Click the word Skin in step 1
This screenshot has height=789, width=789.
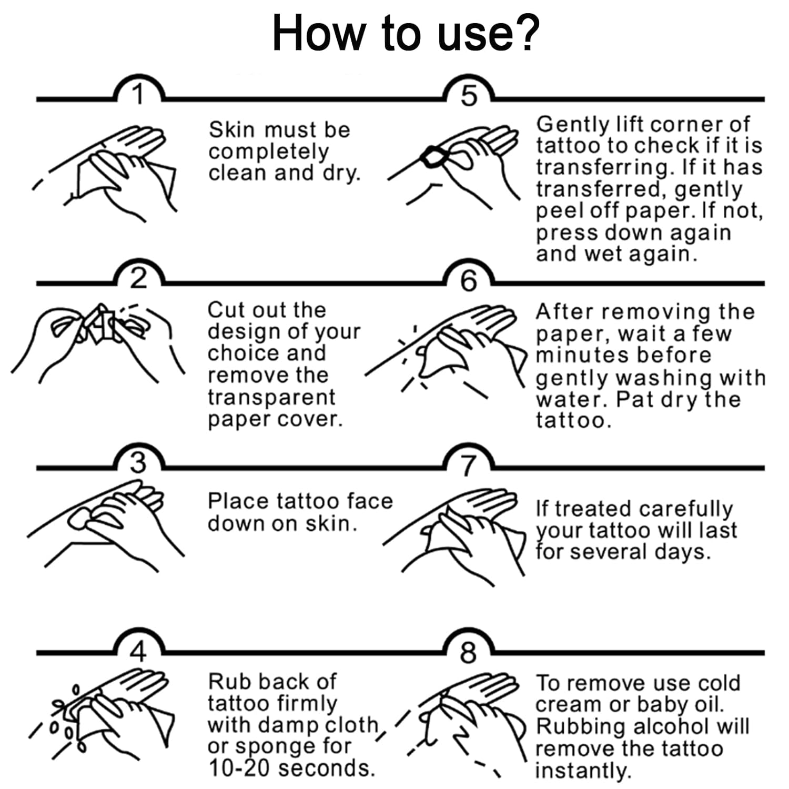click(x=231, y=129)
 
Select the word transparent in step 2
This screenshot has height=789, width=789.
click(x=271, y=398)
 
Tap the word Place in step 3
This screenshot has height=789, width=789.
click(x=238, y=501)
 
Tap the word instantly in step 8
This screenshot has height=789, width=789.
click(x=583, y=771)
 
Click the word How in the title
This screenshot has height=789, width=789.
click(x=317, y=33)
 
